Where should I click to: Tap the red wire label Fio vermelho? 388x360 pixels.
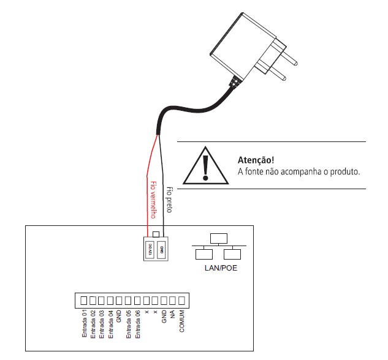coord(154,199)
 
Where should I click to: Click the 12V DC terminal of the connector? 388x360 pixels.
coord(150,249)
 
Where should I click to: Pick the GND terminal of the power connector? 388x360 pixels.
coord(161,249)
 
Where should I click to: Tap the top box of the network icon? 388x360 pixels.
coord(218,238)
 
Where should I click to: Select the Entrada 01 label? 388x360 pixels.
coord(85,323)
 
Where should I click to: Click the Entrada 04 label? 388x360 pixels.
coord(111,323)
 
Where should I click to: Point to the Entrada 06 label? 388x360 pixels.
coord(137,323)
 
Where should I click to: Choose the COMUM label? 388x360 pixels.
coord(181,320)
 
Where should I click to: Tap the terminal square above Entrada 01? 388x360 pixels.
coord(84,301)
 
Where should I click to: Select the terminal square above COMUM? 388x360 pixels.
coord(181,301)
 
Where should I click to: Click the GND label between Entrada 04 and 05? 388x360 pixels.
coord(120,315)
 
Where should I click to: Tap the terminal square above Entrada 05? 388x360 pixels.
coord(128,301)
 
